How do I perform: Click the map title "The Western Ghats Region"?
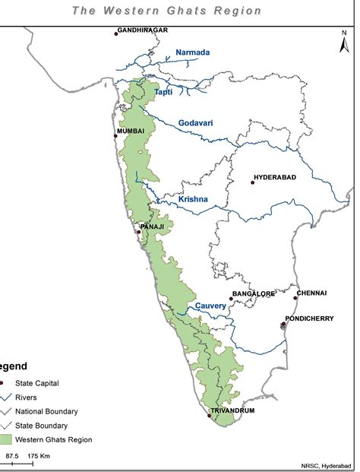[167, 11]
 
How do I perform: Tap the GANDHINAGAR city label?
[142, 30]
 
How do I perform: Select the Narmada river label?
[192, 52]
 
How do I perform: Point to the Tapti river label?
[163, 92]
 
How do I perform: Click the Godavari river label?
[197, 123]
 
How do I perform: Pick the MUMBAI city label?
[131, 131]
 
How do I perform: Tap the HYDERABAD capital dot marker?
[254, 182]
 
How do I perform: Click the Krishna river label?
[192, 200]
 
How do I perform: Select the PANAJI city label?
[152, 226]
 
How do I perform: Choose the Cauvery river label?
[210, 306]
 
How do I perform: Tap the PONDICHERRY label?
[309, 318]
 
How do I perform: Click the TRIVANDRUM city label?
[233, 410]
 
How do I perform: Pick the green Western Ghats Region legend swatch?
[9, 439]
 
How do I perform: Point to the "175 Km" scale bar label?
[39, 455]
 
